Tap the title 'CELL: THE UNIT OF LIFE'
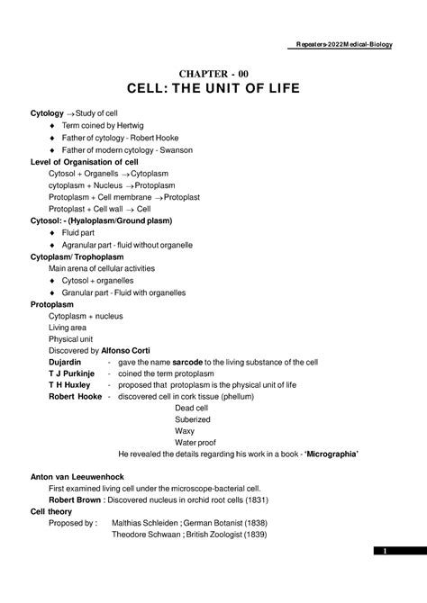click(x=213, y=93)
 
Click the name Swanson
click(x=172, y=149)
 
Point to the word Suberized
click(x=194, y=419)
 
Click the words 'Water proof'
click(x=196, y=443)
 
